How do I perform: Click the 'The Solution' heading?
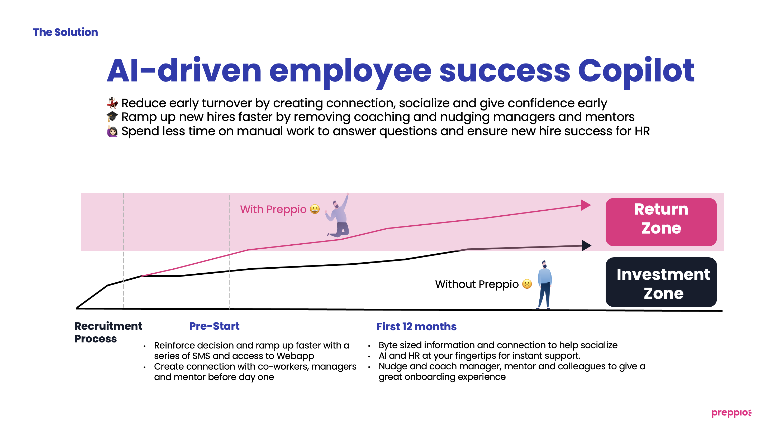(x=65, y=32)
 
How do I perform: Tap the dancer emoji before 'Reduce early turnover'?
(x=112, y=103)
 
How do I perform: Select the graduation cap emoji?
(x=112, y=117)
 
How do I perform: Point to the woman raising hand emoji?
(x=112, y=131)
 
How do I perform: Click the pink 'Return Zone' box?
(x=661, y=222)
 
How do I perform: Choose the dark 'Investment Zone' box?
(x=661, y=282)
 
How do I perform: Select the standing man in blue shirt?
(x=544, y=284)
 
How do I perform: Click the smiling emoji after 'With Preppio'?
(x=315, y=209)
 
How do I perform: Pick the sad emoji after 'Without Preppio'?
(x=527, y=284)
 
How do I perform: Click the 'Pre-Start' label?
(x=214, y=326)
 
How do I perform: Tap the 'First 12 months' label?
(x=416, y=327)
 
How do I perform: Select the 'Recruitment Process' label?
(x=108, y=332)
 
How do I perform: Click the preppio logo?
(x=731, y=413)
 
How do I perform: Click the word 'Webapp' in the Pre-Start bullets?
(x=295, y=356)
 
